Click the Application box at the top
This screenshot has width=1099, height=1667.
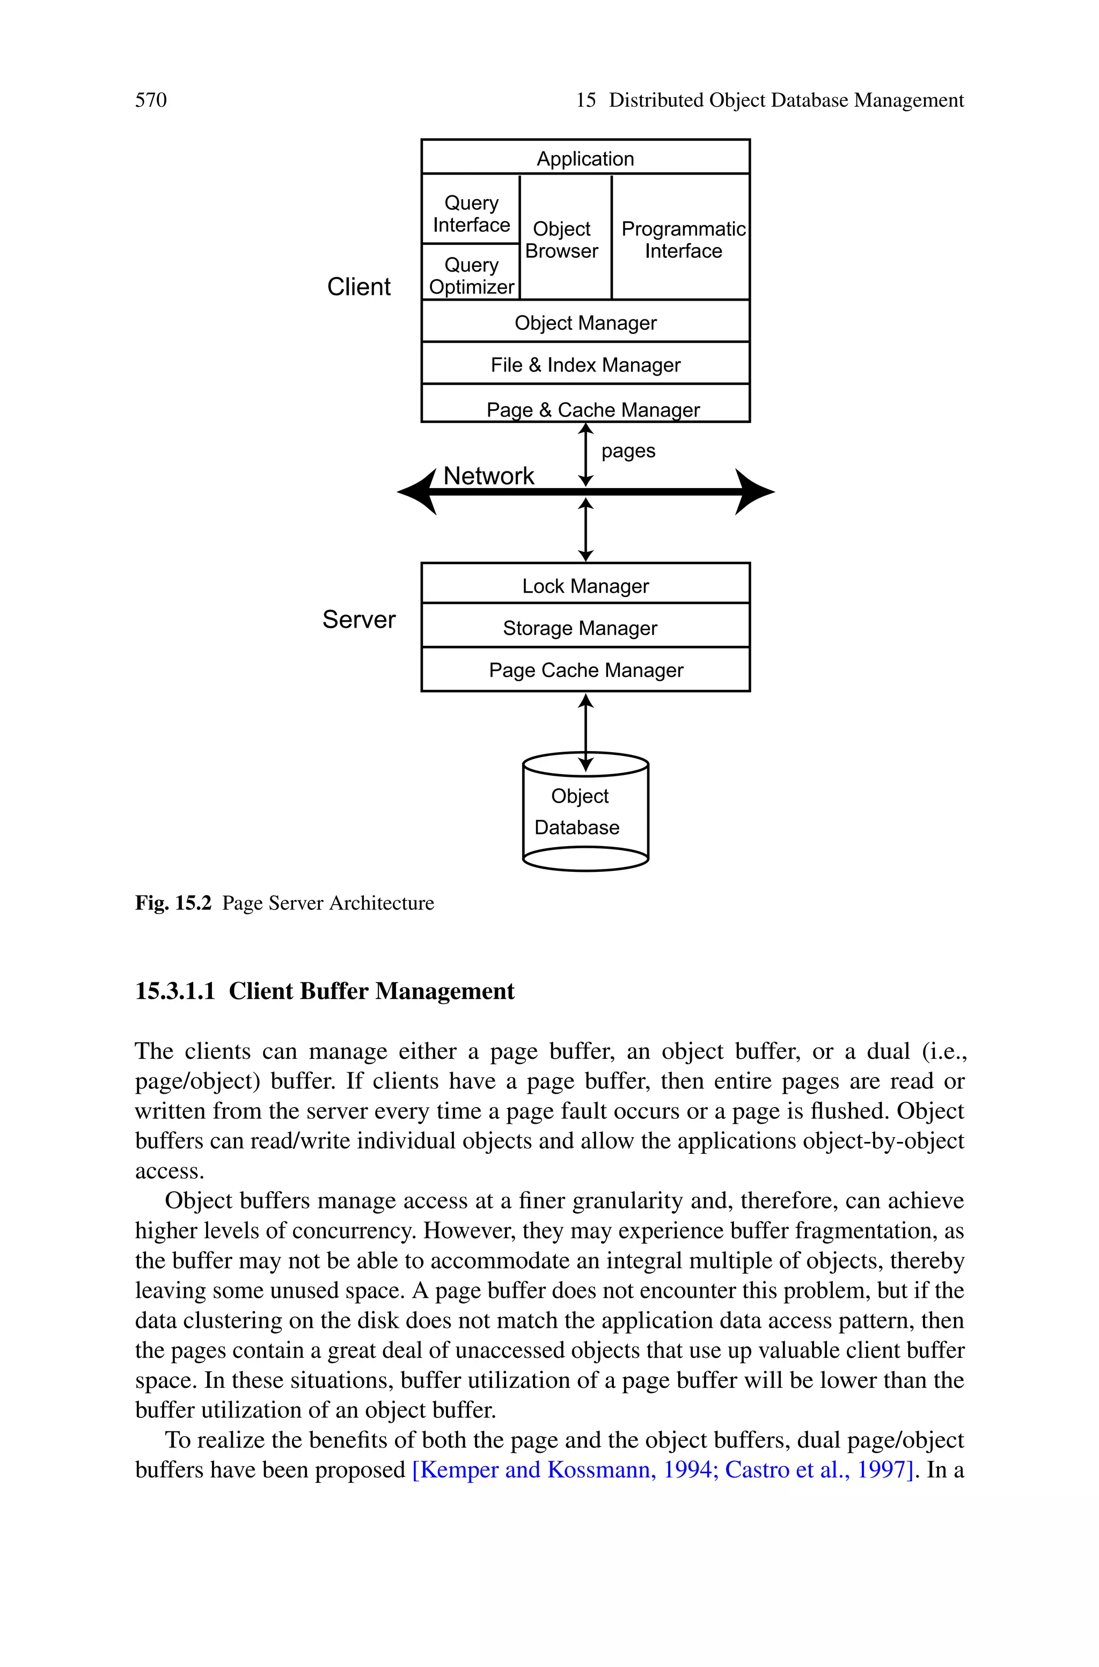tap(585, 158)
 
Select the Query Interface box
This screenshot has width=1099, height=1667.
tap(471, 213)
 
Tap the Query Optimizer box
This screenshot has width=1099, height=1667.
tap(471, 275)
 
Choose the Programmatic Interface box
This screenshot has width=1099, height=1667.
tap(683, 239)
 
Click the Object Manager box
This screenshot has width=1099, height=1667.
tap(585, 323)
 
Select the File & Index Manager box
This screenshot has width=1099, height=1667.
tap(585, 365)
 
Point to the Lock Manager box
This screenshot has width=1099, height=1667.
tap(585, 585)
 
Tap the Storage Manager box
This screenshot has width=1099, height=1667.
tap(580, 628)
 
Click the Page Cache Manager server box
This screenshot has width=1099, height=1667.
tap(585, 670)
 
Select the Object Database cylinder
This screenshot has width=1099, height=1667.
tap(585, 813)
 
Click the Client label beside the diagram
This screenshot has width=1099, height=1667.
tap(359, 287)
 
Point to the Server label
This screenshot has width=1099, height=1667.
tap(359, 620)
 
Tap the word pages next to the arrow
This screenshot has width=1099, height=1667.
tap(628, 451)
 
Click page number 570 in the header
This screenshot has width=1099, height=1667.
tap(151, 100)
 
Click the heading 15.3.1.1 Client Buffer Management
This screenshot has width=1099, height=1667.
tap(325, 991)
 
